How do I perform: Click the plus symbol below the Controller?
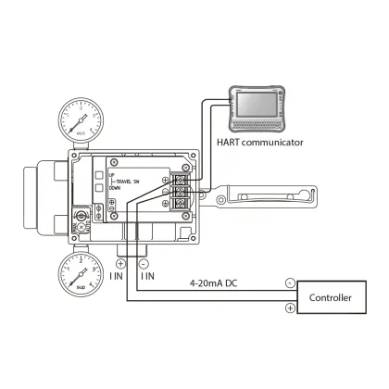[290, 307]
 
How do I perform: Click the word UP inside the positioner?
[111, 173]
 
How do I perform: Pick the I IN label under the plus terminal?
[116, 275]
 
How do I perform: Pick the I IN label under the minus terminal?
[146, 275]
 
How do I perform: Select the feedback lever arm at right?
[269, 195]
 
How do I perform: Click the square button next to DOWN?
[99, 188]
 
